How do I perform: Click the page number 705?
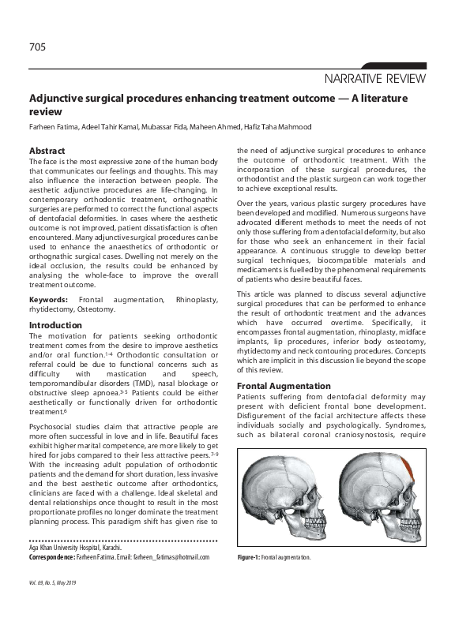(x=37, y=47)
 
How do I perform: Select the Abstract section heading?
(x=47, y=151)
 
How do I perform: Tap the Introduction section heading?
(x=55, y=325)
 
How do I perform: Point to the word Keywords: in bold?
(x=48, y=301)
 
